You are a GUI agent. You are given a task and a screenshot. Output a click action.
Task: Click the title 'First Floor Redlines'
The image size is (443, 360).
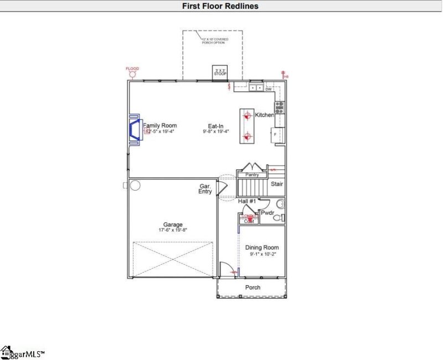pos(220,6)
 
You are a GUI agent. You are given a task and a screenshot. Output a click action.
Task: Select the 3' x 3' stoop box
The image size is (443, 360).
pos(220,74)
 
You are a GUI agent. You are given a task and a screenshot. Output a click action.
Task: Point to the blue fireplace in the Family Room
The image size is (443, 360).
pos(135,130)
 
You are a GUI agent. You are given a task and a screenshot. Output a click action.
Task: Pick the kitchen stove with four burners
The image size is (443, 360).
pos(279,107)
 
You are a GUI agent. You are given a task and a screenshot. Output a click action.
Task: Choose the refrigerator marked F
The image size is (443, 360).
pos(278,135)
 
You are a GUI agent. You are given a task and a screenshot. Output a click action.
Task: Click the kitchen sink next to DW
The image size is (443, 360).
pos(255,88)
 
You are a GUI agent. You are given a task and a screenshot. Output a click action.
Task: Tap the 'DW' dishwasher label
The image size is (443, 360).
pos(268,89)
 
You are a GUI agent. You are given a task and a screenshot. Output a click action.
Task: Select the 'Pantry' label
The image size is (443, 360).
pos(252,175)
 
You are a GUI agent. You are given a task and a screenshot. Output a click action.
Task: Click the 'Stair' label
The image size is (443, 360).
pos(277,184)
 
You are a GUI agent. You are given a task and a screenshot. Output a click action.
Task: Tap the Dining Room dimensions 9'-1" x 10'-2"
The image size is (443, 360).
pos(262,254)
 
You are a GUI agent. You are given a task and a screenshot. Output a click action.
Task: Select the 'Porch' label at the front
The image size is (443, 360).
pos(253,287)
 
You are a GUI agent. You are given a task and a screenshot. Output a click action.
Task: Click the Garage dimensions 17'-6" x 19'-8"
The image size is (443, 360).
pos(172,231)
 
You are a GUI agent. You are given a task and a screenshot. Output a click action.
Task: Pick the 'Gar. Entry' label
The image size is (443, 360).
pos(205,189)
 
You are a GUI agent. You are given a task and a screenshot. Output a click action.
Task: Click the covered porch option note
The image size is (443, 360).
pos(214,40)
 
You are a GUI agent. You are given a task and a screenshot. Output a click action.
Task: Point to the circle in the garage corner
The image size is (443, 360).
pos(135,186)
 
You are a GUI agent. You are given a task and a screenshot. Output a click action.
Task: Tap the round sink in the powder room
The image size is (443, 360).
pos(280,204)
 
